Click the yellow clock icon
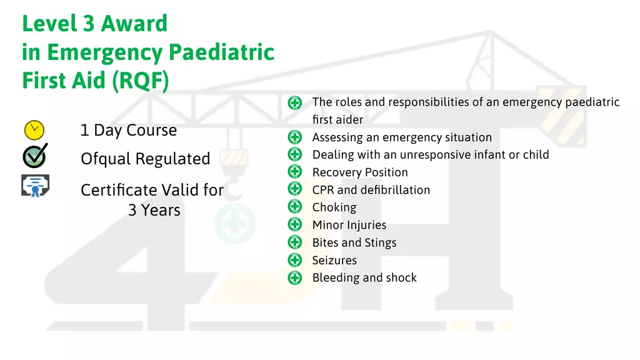[x=34, y=130]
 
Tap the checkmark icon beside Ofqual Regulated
[x=35, y=156]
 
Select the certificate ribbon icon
[x=36, y=186]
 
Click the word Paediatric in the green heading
[x=222, y=52]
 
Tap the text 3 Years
[x=154, y=210]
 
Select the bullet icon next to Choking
[x=295, y=206]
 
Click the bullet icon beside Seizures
[x=295, y=259]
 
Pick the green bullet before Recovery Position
[x=295, y=171]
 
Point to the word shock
[x=401, y=277]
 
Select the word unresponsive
[x=447, y=155]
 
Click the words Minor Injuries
[x=349, y=225]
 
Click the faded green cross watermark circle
[x=235, y=223]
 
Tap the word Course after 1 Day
[x=151, y=130]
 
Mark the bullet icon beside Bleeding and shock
[x=295, y=277]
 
